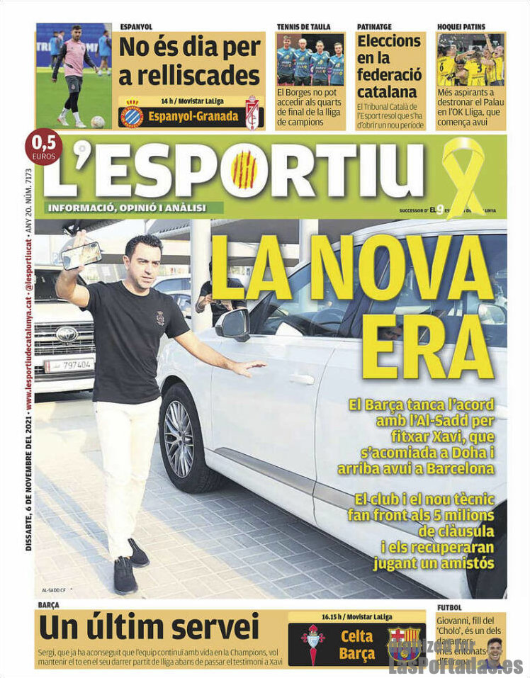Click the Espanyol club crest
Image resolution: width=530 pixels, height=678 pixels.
(131, 115)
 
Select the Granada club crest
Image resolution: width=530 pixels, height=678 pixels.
(252, 113)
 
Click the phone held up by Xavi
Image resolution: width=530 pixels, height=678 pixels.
(81, 254)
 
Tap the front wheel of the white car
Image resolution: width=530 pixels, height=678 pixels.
(179, 439)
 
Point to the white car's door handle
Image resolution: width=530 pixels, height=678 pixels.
(302, 379)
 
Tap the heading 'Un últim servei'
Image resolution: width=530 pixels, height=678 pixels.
(149, 628)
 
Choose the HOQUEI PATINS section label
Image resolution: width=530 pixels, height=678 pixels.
(461, 27)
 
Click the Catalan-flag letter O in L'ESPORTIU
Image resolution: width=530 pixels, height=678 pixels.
(244, 170)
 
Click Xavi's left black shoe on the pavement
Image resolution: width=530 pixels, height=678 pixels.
(125, 575)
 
